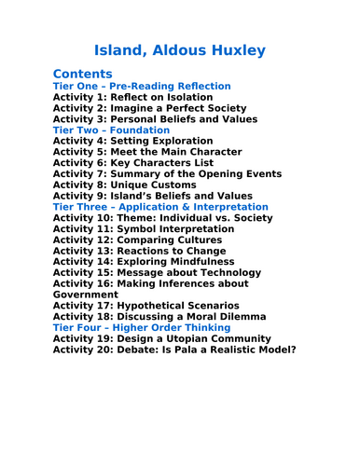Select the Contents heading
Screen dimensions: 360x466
tap(83, 74)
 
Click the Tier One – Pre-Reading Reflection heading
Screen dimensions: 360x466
tap(141, 86)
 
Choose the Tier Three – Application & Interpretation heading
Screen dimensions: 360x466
tap(160, 207)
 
